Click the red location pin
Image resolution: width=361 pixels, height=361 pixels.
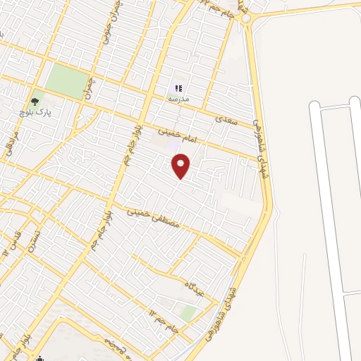coord(181,166)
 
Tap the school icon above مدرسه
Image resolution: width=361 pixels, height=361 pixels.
coord(178,88)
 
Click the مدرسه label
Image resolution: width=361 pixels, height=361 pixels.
coord(178,99)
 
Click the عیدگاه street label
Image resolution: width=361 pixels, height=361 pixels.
coord(195,288)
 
